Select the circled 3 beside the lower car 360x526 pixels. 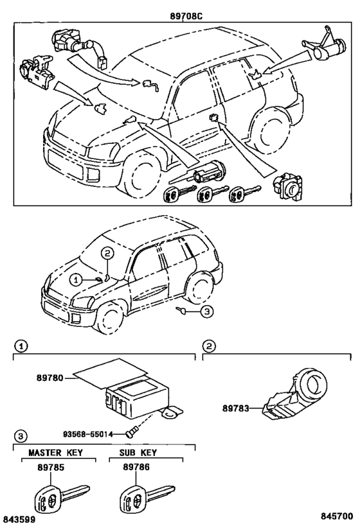pyautogui.click(x=206, y=311)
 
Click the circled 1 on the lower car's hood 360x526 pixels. pyautogui.click(x=76, y=279)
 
